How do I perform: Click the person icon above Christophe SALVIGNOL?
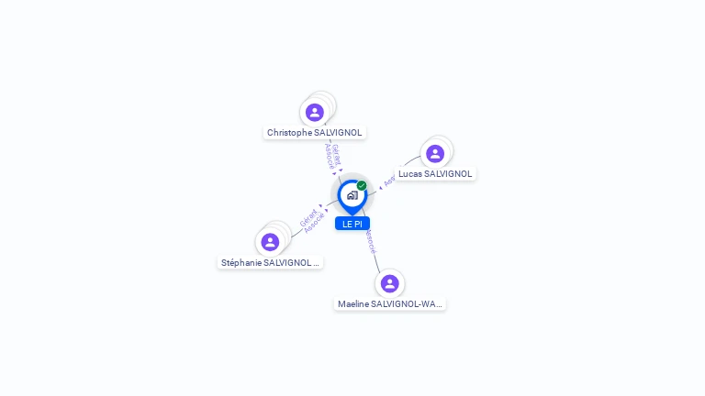coord(315,112)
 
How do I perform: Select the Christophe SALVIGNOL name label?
coord(315,133)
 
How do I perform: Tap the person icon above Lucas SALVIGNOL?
coord(435,153)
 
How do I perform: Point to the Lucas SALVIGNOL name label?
coord(435,174)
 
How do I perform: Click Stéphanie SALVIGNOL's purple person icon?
coord(270,242)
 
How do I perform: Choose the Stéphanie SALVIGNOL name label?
coord(270,263)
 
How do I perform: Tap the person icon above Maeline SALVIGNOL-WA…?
coord(389,283)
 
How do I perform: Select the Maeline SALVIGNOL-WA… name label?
coord(389,304)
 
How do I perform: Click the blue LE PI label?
coord(352,224)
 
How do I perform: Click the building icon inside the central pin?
coord(352,194)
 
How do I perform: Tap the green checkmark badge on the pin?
coord(362,185)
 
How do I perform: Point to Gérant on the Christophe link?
coord(336,153)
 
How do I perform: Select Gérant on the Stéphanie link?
coord(308,218)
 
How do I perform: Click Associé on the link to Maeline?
coord(370,241)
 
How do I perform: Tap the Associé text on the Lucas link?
coord(389,181)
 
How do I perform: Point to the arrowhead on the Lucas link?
coord(380,188)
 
